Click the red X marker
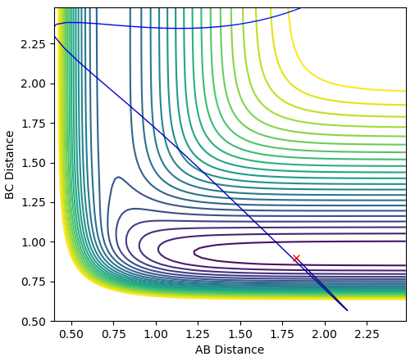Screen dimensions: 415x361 pyautogui.click(x=296, y=258)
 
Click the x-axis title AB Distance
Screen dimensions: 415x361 pyautogui.click(x=230, y=350)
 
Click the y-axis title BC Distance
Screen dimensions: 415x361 pyautogui.click(x=10, y=165)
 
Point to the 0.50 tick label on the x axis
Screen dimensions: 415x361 pyautogui.click(x=71, y=334)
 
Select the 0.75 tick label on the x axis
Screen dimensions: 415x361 pyautogui.click(x=114, y=334)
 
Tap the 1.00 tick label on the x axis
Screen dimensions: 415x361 pyautogui.click(x=156, y=334)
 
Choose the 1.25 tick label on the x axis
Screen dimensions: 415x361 pyautogui.click(x=198, y=334)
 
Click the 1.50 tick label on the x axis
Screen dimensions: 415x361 pyautogui.click(x=240, y=334)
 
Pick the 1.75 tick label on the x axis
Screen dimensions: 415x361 pyautogui.click(x=283, y=334)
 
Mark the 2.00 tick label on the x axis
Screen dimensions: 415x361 pyautogui.click(x=325, y=334)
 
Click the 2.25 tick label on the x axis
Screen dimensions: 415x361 pyautogui.click(x=367, y=334)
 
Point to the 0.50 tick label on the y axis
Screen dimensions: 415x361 pyautogui.click(x=34, y=322)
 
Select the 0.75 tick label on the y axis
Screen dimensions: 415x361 pyautogui.click(x=34, y=282)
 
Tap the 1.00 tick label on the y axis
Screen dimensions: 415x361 pyautogui.click(x=34, y=242)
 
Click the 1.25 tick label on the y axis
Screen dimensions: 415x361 pyautogui.click(x=34, y=203)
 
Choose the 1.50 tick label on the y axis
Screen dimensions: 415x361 pyautogui.click(x=34, y=163)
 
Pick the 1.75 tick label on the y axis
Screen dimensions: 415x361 pyautogui.click(x=34, y=124)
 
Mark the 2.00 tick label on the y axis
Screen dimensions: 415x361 pyautogui.click(x=34, y=83)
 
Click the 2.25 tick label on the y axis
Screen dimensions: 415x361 pyautogui.click(x=34, y=44)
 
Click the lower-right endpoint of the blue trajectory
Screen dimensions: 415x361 pyautogui.click(x=347, y=310)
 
